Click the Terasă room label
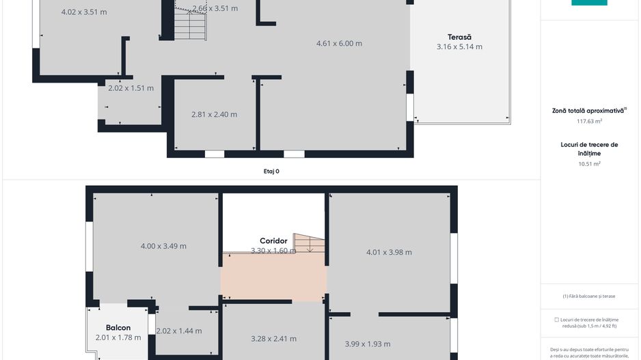click(x=460, y=37)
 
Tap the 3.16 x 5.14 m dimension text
click(x=459, y=47)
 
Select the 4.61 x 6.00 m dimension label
click(x=339, y=44)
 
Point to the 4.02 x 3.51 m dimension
click(x=83, y=12)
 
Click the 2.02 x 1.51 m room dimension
click(x=131, y=88)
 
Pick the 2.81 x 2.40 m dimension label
click(x=215, y=115)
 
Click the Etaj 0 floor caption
click(x=271, y=171)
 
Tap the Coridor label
click(x=273, y=241)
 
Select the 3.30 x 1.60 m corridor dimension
click(x=273, y=251)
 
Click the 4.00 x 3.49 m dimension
click(x=163, y=246)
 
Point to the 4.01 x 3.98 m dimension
click(x=389, y=252)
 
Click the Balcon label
click(x=118, y=328)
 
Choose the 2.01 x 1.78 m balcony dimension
click(x=118, y=337)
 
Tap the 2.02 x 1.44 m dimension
click(x=179, y=331)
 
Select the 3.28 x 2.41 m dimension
click(x=273, y=339)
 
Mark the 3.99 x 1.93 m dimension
click(x=368, y=344)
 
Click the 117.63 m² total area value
click(x=589, y=122)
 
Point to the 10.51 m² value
click(x=589, y=164)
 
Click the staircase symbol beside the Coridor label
click(x=309, y=243)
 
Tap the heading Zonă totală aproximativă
click(x=588, y=110)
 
